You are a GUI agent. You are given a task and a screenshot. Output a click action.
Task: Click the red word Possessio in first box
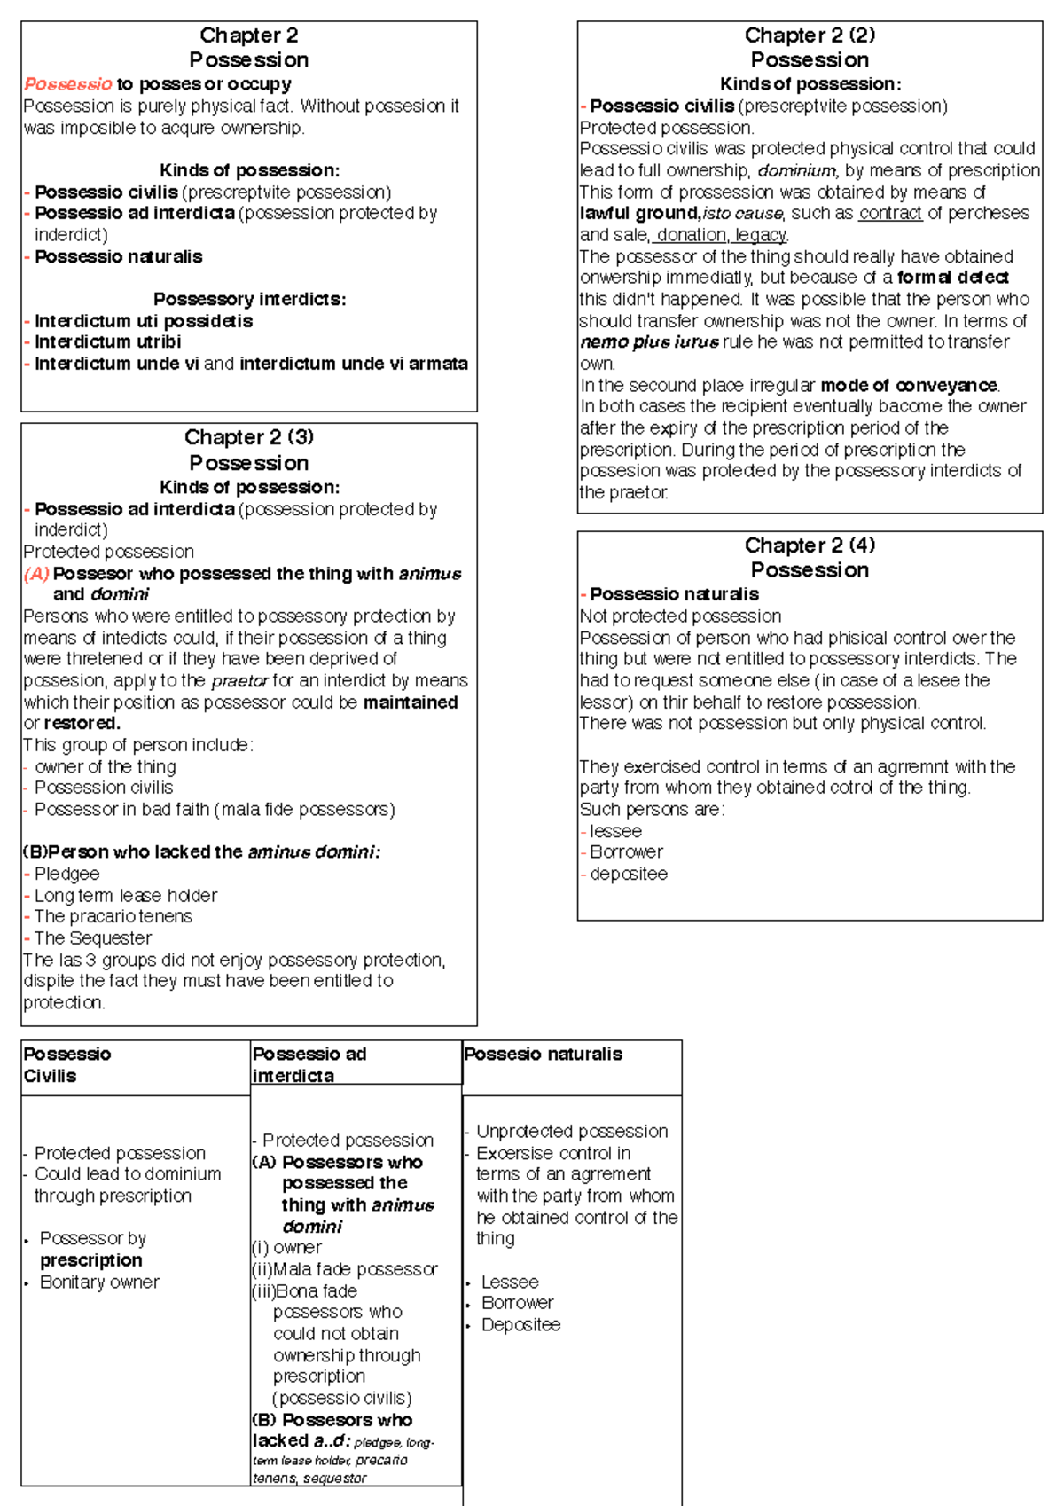tap(67, 84)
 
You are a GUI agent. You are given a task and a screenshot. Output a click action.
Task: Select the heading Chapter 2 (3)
tap(249, 437)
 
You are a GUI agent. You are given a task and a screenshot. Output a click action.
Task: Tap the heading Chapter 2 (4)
tap(810, 545)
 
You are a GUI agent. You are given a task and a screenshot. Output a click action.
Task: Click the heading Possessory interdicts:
tap(249, 299)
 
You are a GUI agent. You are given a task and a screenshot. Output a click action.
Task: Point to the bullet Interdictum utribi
tap(107, 341)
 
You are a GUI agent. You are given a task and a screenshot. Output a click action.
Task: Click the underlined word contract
tap(890, 213)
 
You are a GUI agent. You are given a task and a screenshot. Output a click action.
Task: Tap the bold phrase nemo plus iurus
tap(649, 342)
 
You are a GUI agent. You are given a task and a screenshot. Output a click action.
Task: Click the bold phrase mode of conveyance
tap(910, 386)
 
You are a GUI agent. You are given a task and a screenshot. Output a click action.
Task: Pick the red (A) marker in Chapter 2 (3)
tap(36, 574)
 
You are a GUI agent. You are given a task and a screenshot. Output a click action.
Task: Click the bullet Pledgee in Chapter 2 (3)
tap(66, 874)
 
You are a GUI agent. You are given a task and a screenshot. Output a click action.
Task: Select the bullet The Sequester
tap(92, 938)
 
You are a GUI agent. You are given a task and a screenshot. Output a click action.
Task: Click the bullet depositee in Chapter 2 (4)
tap(629, 875)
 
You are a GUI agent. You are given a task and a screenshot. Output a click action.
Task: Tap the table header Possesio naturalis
tap(543, 1054)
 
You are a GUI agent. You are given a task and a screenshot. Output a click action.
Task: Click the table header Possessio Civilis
tap(66, 1064)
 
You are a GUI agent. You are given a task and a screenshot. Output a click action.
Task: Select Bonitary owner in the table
tap(99, 1282)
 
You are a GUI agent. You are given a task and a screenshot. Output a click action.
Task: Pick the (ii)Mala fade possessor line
tap(344, 1269)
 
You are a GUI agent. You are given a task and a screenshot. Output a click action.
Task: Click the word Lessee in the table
tap(510, 1282)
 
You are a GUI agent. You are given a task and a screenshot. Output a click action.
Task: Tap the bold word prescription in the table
tap(90, 1260)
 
